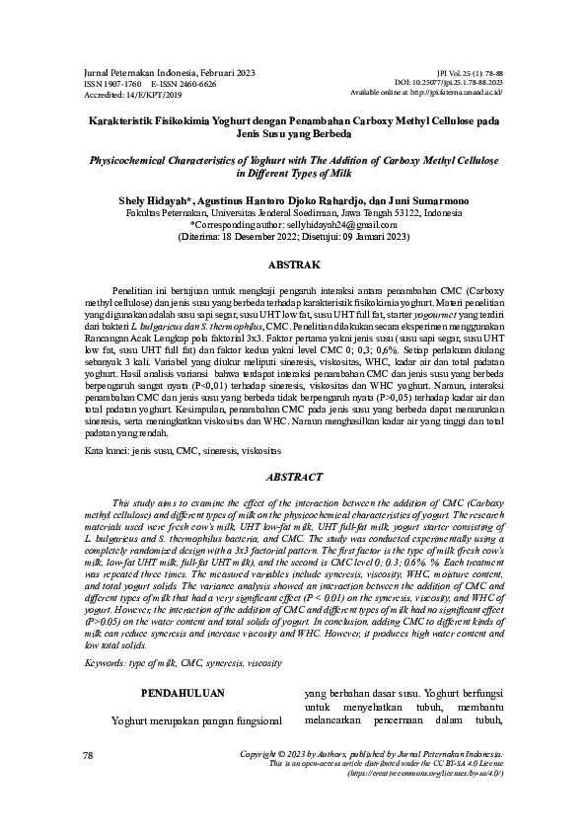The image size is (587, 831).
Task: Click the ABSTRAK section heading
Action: tap(293, 266)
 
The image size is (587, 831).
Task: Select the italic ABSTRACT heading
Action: tap(293, 478)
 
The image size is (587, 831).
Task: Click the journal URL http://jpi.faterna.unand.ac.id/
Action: tap(455, 93)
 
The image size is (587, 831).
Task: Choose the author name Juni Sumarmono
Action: tap(419, 200)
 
